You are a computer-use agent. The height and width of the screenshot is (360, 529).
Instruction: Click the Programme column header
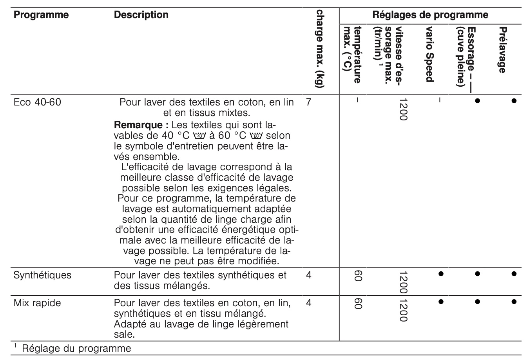(41, 15)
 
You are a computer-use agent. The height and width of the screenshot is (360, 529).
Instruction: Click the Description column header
(141, 15)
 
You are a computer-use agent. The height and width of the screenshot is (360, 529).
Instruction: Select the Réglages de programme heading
(430, 15)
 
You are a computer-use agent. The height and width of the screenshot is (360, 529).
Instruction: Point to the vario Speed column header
(429, 55)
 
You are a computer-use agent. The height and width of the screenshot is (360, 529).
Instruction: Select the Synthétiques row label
(42, 275)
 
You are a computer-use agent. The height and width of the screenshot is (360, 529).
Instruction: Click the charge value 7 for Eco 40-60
(308, 102)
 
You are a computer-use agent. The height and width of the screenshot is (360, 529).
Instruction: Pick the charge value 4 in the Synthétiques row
(308, 275)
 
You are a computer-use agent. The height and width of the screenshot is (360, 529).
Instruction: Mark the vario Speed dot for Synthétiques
(440, 273)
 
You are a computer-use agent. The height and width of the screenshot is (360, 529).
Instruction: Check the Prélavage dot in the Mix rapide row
(514, 302)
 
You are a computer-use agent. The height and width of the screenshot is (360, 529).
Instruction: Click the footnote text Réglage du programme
(76, 348)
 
